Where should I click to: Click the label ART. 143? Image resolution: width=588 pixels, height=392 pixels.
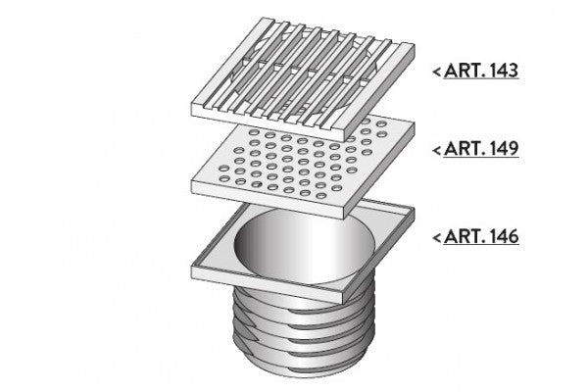pyautogui.click(x=481, y=71)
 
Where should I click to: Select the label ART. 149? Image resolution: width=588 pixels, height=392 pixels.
pyautogui.click(x=481, y=149)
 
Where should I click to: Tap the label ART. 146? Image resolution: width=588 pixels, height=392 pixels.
pyautogui.click(x=481, y=237)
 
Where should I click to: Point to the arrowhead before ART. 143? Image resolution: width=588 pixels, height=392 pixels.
pyautogui.click(x=436, y=72)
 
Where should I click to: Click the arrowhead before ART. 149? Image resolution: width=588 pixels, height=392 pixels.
pyautogui.click(x=436, y=150)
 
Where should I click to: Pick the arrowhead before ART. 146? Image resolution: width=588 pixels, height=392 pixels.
pyautogui.click(x=436, y=237)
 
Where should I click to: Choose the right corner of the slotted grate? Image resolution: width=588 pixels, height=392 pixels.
pyautogui.click(x=414, y=45)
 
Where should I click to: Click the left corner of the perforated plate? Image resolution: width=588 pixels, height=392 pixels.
pyautogui.click(x=192, y=181)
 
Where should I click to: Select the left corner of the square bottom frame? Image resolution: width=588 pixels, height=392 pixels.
pyautogui.click(x=192, y=266)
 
